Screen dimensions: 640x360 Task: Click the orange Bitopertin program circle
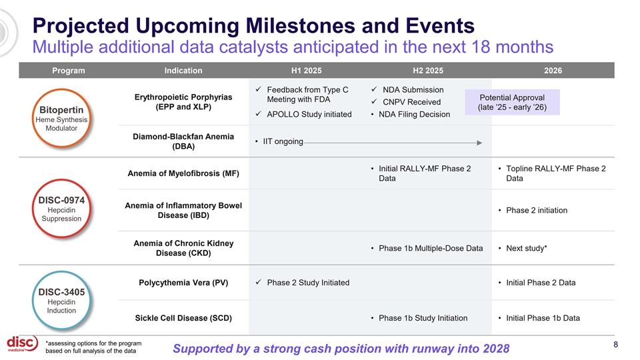tap(61, 89)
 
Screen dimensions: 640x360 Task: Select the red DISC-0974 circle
tap(61, 179)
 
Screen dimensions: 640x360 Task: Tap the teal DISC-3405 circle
tap(61, 271)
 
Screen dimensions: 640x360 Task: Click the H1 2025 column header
tap(307, 71)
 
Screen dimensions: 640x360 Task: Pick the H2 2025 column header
tap(428, 71)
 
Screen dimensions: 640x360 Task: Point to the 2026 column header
tap(553, 71)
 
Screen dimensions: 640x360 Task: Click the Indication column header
tap(183, 71)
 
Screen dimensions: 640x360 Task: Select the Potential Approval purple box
tap(512, 102)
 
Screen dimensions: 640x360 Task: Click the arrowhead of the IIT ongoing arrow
tap(479, 143)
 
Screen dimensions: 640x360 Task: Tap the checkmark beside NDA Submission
tap(374, 89)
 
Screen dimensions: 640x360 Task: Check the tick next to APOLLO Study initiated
tap(259, 114)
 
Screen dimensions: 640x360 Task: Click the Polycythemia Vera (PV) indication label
tap(183, 283)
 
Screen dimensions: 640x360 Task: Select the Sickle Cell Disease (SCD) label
tap(183, 318)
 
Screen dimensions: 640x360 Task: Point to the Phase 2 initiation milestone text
tap(537, 210)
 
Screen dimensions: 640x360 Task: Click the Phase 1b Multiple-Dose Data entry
tap(431, 248)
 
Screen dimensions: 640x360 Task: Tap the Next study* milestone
tap(527, 248)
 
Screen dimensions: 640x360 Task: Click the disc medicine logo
tap(23, 344)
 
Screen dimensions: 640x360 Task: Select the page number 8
tap(616, 345)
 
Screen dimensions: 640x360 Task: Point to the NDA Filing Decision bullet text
tap(414, 114)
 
